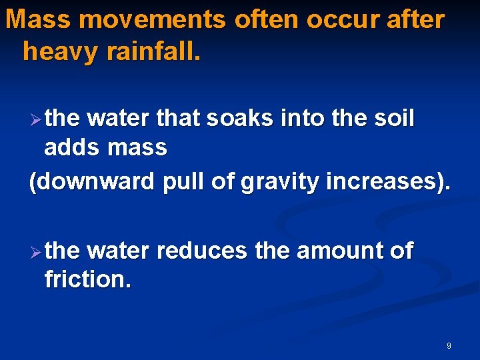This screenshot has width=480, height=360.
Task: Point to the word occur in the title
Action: coord(343,20)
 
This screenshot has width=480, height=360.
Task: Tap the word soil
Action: coord(394,119)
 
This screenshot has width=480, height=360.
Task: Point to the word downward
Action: coord(91,181)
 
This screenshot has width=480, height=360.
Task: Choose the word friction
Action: coord(87,280)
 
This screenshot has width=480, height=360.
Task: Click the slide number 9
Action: coord(449,345)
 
